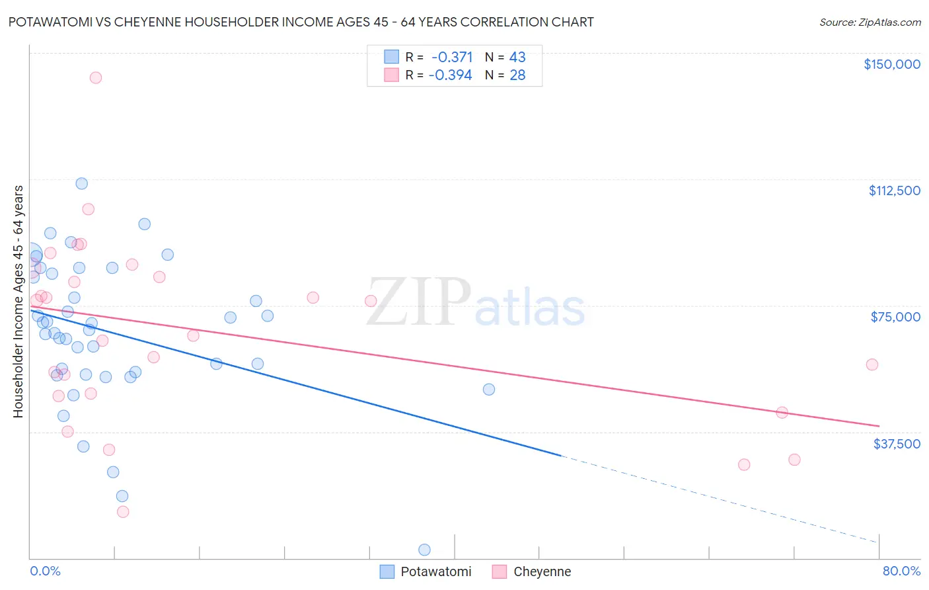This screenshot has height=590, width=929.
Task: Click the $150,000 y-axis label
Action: (x=891, y=64)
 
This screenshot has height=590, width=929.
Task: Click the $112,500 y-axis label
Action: (x=894, y=190)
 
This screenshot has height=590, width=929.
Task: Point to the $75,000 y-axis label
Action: (x=895, y=317)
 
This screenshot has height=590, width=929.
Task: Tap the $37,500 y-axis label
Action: (x=897, y=444)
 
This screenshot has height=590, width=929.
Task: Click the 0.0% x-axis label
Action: (x=45, y=571)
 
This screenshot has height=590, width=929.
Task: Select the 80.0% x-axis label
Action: (x=901, y=571)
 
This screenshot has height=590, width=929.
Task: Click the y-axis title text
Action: (x=18, y=302)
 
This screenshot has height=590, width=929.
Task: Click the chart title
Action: (x=301, y=22)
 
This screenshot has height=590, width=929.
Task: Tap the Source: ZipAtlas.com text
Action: (x=870, y=22)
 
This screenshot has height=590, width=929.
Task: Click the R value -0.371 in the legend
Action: (x=452, y=58)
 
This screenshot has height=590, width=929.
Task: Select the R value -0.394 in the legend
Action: (x=451, y=75)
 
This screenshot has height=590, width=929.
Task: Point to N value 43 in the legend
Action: (x=517, y=58)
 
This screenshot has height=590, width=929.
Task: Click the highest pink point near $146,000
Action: (x=96, y=77)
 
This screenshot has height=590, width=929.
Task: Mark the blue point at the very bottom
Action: (x=425, y=550)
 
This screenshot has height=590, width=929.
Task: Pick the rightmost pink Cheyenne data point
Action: (x=872, y=364)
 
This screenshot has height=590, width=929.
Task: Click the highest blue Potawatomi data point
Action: (x=82, y=183)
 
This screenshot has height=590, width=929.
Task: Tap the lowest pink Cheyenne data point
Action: (x=123, y=511)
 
